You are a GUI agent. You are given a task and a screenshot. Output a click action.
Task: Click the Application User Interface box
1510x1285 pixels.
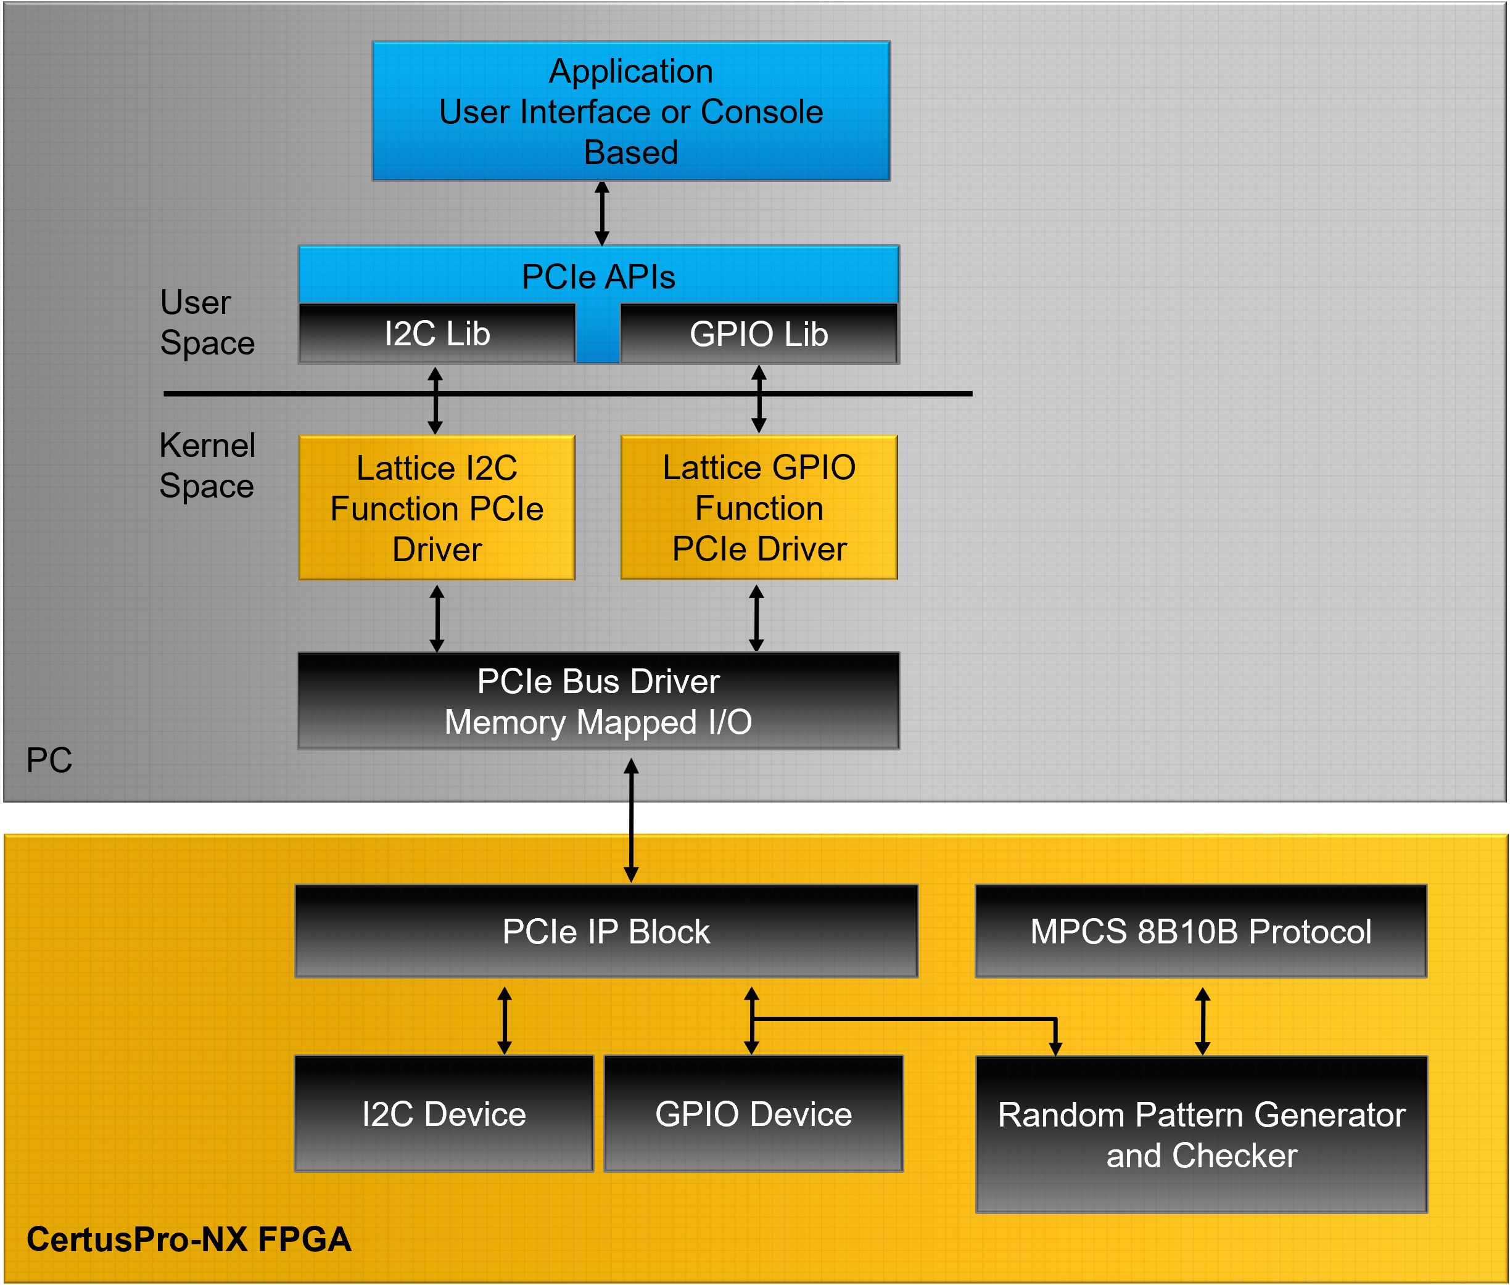pos(630,111)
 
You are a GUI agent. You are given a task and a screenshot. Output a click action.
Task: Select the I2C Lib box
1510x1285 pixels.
pos(437,334)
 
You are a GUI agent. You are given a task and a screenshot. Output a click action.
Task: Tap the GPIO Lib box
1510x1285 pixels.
pos(759,334)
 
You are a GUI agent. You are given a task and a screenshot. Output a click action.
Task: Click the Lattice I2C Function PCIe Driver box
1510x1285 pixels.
pos(437,507)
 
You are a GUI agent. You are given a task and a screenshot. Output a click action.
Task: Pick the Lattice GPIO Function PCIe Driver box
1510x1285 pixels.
pos(759,507)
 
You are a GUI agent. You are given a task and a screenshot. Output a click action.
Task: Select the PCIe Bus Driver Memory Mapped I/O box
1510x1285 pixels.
pos(598,701)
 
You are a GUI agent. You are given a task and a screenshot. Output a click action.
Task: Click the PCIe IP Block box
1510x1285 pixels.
pos(606,931)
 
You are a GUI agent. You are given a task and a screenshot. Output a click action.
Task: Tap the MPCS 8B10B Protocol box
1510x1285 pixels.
pos(1200,931)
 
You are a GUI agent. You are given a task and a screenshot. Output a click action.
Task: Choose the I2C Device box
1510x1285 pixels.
pos(444,1113)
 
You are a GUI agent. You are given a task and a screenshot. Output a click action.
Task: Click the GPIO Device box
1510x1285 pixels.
pos(754,1113)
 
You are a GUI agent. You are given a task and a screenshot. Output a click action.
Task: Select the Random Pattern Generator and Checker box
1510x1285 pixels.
pos(1201,1134)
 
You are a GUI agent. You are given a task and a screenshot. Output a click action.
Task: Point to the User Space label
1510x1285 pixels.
pos(207,322)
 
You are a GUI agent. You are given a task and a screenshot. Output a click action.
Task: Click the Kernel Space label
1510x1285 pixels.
pos(207,465)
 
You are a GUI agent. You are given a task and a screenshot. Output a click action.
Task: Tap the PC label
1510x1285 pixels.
pos(49,760)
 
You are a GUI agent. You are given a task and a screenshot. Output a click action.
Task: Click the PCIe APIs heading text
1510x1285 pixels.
pos(598,277)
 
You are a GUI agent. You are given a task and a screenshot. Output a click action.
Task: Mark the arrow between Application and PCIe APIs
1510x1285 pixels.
pos(602,213)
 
